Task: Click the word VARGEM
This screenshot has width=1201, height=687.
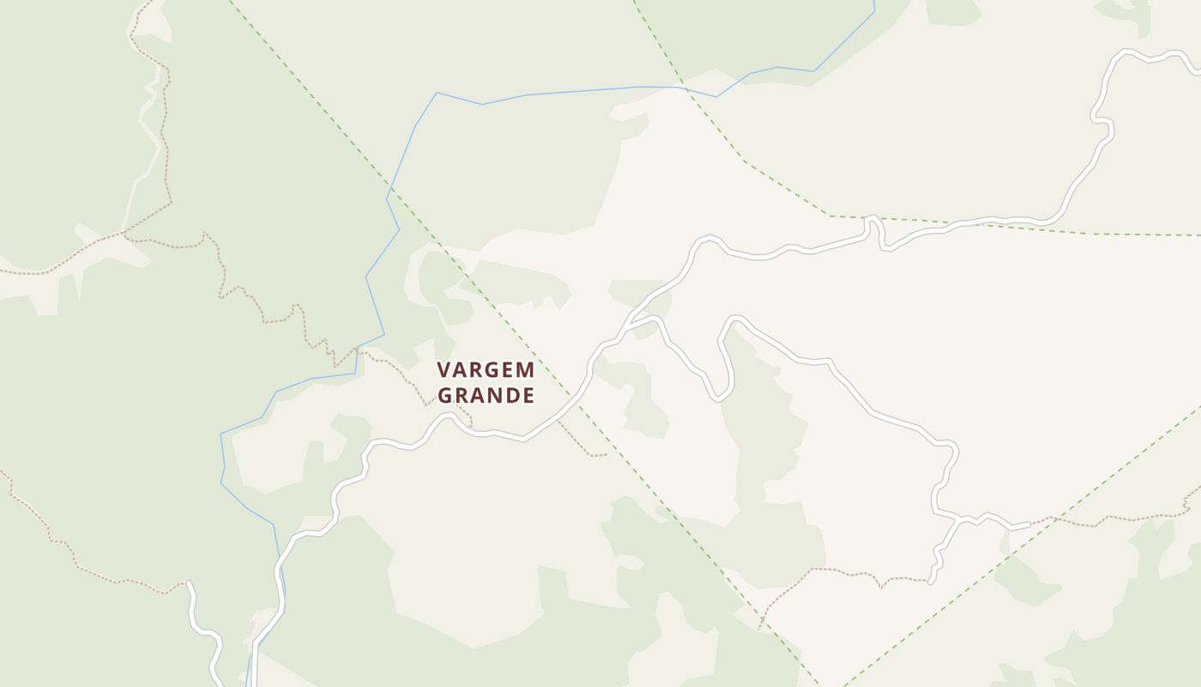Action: coord(486,370)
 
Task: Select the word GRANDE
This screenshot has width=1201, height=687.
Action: coord(486,395)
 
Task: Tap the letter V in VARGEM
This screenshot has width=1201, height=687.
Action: coord(444,370)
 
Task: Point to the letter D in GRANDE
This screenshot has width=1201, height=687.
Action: coord(512,395)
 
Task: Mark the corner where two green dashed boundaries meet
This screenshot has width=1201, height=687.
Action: coord(830,216)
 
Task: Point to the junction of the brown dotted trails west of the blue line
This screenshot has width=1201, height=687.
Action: coord(125,234)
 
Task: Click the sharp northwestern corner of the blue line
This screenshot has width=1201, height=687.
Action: coord(437,93)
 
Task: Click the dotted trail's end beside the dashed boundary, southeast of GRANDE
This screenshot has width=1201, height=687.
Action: coord(606,454)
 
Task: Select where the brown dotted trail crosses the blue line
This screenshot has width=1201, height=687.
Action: coord(357,350)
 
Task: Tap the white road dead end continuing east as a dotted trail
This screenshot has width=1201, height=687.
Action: coord(1028,524)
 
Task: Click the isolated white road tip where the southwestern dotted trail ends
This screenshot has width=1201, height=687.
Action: coord(189,584)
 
